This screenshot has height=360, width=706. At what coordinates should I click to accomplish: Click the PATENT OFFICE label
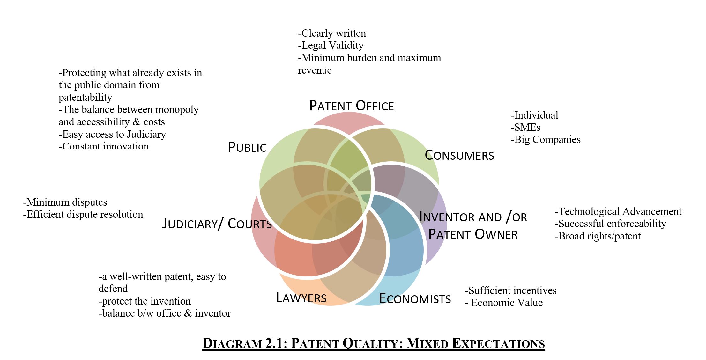pos(352,106)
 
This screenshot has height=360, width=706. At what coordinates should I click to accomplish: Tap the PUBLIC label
pos(247,147)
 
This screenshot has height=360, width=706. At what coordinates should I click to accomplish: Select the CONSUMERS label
pos(459,155)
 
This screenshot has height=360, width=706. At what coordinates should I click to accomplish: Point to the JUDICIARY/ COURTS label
pos(217,224)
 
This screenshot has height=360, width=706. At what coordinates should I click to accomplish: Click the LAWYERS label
pos(301,298)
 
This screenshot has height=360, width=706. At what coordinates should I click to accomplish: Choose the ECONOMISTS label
pos(415,299)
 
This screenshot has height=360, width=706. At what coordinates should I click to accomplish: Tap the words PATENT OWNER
pos(473,234)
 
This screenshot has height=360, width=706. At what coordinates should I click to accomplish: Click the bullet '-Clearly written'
pos(332,33)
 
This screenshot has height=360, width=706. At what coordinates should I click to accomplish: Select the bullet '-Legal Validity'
pos(331,45)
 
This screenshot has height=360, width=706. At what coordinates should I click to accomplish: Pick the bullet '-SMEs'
pos(525,127)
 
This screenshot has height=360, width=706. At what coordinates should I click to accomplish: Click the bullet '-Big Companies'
pos(546,139)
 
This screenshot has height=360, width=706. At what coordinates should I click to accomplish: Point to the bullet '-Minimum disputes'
pos(65,202)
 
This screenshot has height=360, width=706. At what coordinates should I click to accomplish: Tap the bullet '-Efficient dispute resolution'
pos(83,214)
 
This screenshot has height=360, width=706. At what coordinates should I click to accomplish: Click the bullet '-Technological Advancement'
pos(618,211)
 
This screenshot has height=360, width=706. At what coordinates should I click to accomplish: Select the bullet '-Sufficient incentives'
pos(510,290)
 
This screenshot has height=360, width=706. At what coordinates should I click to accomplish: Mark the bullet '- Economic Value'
pos(504,303)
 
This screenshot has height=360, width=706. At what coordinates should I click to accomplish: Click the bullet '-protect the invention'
pos(145,301)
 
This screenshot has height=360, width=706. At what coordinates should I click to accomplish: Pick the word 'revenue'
pos(315,70)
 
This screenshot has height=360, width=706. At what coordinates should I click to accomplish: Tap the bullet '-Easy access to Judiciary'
pos(112,134)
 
